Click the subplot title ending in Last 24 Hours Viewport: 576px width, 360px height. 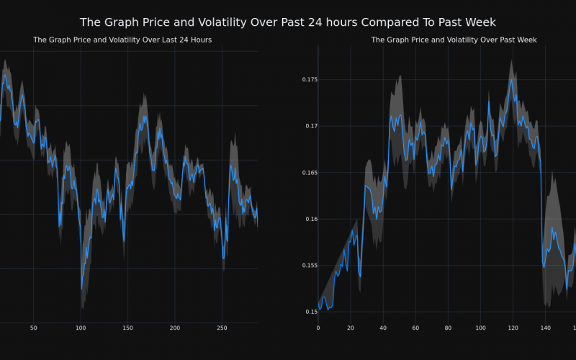[122, 40]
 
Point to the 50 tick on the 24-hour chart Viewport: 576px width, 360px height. [34, 328]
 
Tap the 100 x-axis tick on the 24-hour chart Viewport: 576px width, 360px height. [81, 328]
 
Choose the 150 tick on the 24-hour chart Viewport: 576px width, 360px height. [127, 328]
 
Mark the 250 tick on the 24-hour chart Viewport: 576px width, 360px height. [222, 328]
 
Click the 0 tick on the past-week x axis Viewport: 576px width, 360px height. [318, 328]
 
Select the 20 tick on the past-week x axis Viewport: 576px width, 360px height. [351, 328]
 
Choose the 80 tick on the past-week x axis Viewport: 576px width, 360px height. [448, 328]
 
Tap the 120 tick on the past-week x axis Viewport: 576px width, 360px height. [513, 328]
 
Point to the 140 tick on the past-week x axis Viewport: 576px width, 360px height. [545, 328]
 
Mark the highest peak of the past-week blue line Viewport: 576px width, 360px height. [511, 79]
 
